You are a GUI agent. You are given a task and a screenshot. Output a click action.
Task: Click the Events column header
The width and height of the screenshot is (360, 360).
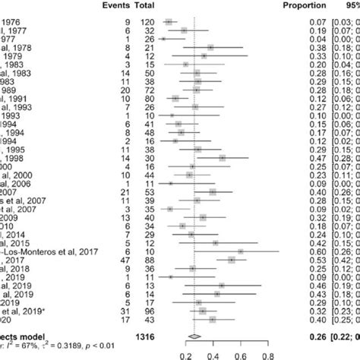[114, 5]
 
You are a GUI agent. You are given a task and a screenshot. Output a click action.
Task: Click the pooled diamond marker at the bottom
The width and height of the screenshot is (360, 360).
[195, 335]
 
